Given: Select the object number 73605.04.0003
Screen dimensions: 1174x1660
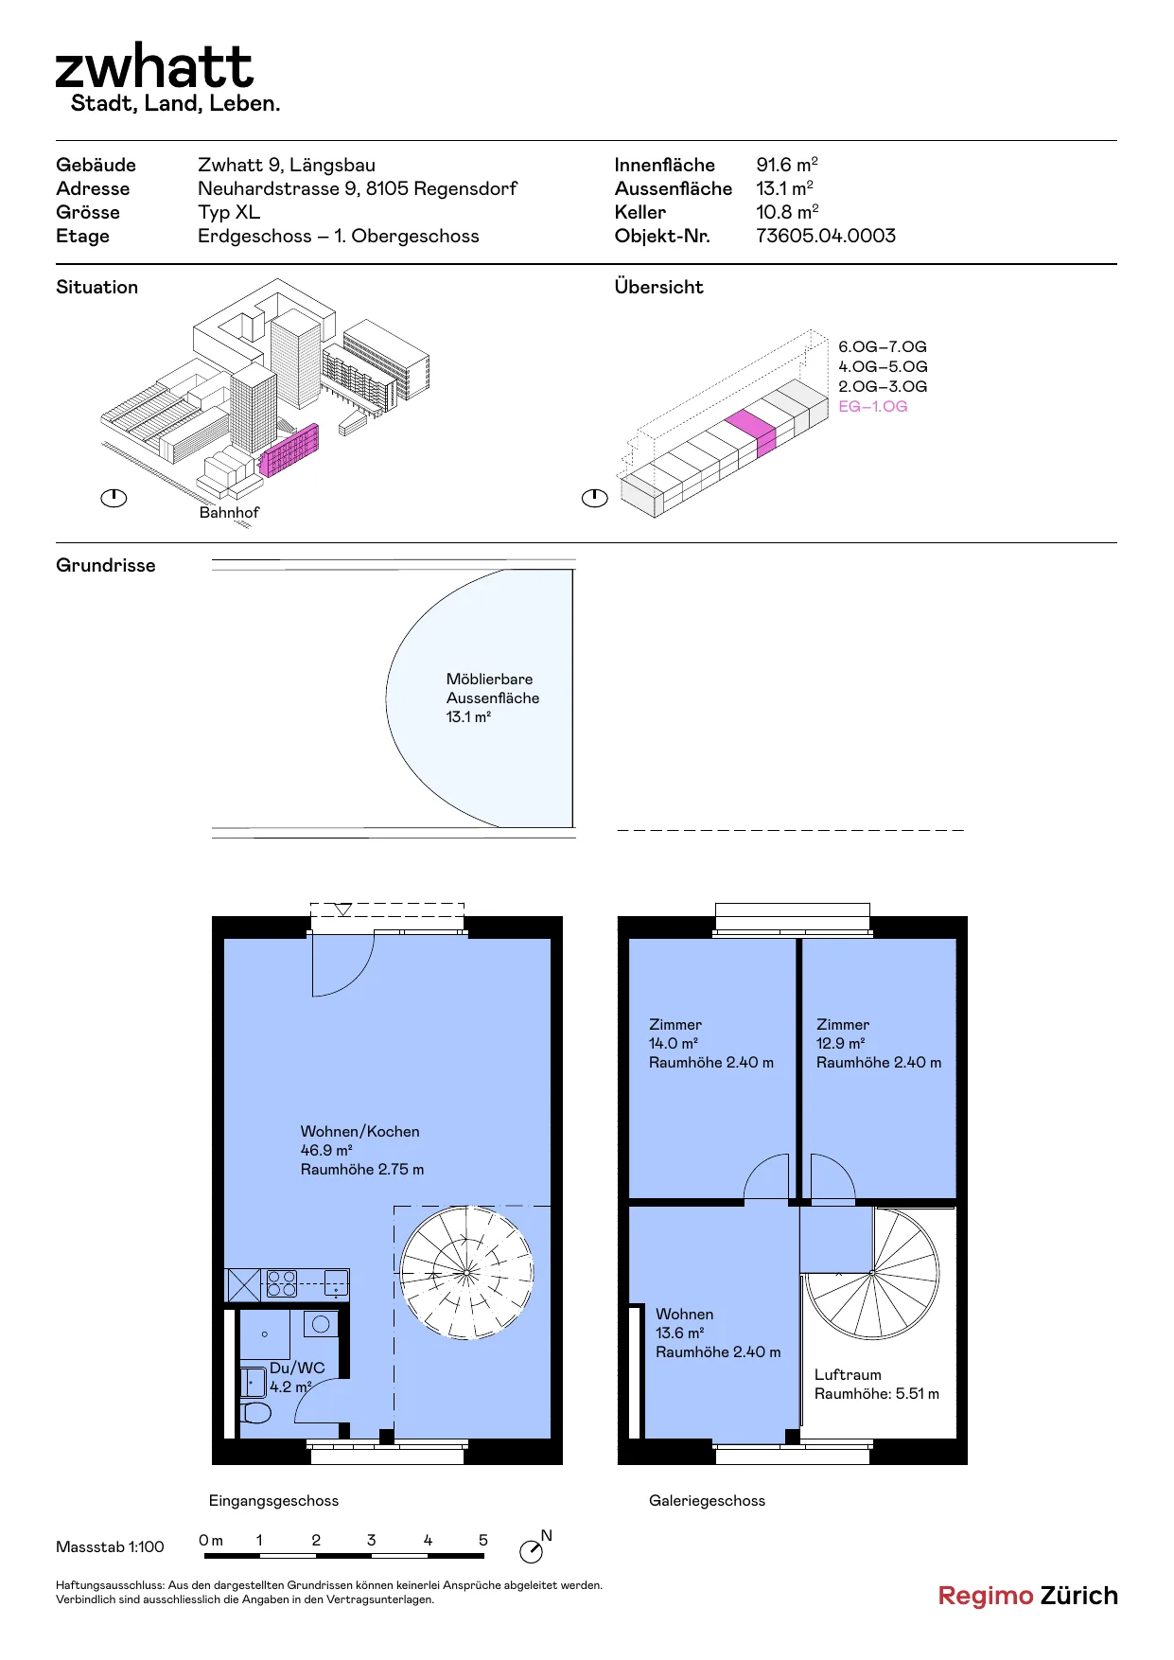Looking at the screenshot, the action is pos(826,236).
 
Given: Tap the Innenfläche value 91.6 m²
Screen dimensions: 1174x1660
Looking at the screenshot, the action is pos(787,165).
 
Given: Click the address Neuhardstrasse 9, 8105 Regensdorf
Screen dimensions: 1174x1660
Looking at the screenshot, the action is pos(358,188).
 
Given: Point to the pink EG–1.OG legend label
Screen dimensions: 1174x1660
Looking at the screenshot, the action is pos(873,406).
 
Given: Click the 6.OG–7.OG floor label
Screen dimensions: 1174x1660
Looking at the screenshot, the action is pos(883,346).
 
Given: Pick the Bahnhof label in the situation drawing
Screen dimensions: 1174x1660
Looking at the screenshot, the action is pos(229,512).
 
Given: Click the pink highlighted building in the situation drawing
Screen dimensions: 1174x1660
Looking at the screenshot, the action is pos(289,450).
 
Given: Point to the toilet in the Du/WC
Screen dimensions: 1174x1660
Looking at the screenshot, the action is pos(255,1413).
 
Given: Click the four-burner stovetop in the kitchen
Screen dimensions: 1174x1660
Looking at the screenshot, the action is pos(282,1283).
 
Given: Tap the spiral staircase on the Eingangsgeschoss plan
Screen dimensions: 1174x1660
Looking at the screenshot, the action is pos(466,1272).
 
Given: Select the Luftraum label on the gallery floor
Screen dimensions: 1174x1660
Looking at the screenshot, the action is pos(848,1374).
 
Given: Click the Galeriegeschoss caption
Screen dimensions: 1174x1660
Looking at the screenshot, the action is pos(707,1500).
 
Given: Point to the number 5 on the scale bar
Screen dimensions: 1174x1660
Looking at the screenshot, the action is pos(483,1540).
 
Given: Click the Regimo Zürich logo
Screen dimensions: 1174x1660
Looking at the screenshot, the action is pos(1027,1596).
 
